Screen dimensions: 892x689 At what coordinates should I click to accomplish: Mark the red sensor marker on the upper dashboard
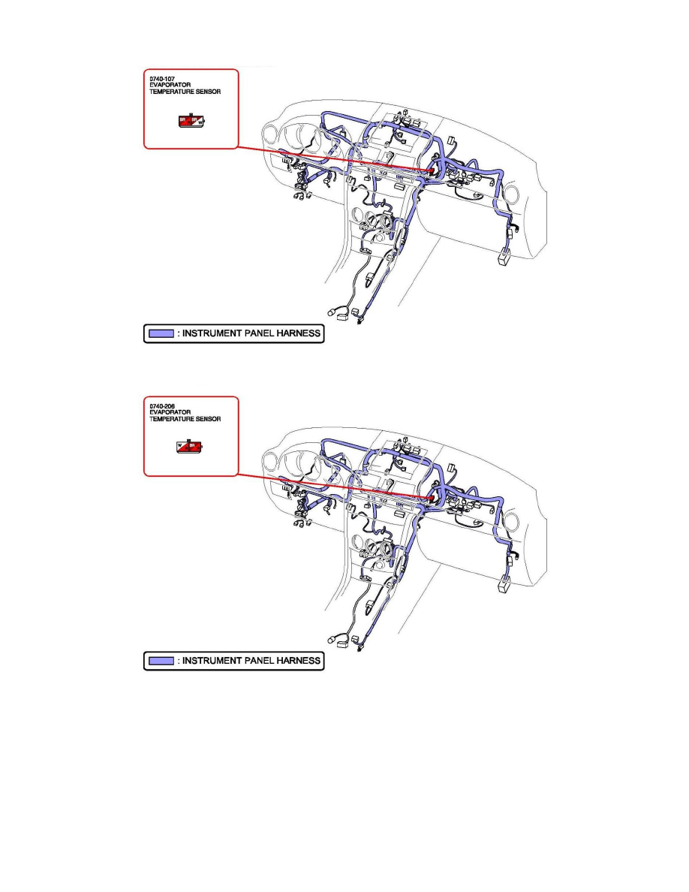(x=433, y=172)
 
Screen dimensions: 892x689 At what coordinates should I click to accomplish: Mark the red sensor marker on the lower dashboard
(x=433, y=498)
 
